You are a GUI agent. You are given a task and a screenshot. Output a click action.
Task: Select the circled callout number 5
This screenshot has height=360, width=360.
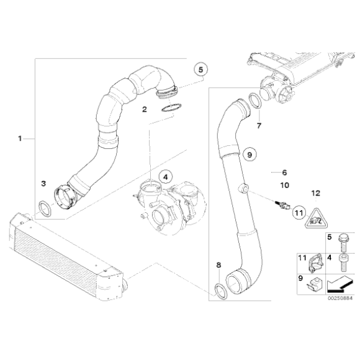[x=200, y=70]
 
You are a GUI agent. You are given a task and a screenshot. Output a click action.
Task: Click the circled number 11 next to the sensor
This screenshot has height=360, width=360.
[x=298, y=213]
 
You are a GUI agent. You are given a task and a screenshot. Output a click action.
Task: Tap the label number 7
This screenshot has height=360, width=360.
[x=259, y=126]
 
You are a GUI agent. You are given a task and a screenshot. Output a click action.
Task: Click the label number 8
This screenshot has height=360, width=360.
[x=218, y=266]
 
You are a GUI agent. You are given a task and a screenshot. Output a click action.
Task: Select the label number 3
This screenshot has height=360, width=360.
[x=43, y=184]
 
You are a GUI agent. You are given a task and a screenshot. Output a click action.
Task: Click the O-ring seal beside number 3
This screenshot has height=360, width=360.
[x=45, y=207]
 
